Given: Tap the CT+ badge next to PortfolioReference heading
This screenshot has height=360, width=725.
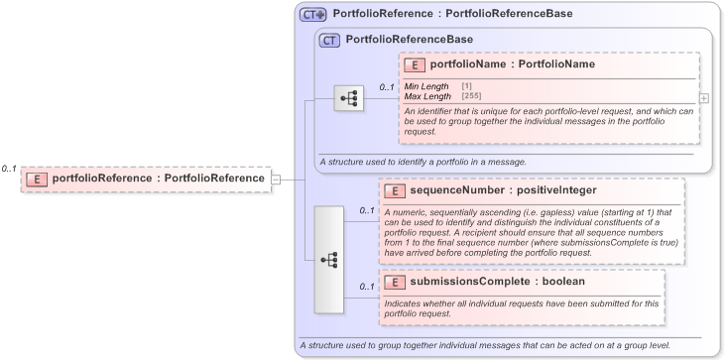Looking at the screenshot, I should click(313, 15).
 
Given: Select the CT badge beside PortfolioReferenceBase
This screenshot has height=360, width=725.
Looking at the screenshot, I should click(329, 40).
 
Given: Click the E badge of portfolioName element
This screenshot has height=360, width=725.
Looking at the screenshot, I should click(415, 65).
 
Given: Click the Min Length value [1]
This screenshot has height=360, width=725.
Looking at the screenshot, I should click(466, 87).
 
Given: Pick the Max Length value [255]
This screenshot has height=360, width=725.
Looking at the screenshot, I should click(471, 96).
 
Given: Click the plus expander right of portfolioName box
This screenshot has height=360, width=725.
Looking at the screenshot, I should click(704, 99).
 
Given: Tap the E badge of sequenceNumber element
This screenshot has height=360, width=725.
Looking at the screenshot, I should click(393, 189).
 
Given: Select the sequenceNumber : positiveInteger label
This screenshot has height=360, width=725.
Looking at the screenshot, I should click(489, 189).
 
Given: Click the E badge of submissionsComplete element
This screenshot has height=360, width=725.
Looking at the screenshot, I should click(393, 282).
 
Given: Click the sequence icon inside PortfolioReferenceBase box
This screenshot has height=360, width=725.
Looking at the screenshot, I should click(349, 99).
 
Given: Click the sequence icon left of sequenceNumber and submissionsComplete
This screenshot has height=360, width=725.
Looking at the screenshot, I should click(329, 260).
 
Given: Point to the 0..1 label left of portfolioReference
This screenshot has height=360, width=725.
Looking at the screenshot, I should click(9, 169).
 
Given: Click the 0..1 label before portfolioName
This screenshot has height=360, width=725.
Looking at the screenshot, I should click(387, 87).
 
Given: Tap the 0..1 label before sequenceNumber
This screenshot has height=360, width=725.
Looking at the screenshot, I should click(367, 211).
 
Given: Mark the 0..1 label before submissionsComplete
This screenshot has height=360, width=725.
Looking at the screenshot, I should click(367, 288).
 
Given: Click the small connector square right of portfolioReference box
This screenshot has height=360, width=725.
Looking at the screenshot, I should click(277, 179).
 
